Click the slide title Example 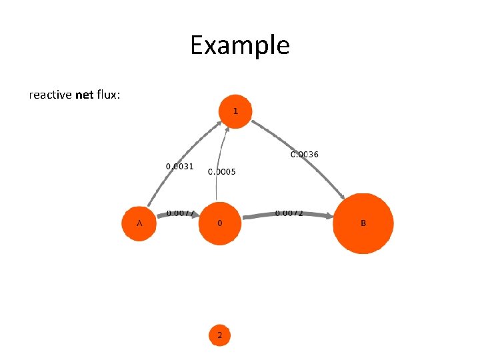click(x=239, y=45)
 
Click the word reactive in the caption click(x=51, y=95)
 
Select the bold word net click(x=85, y=95)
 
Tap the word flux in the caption click(x=107, y=95)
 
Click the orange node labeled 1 click(x=235, y=111)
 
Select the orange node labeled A click(x=139, y=223)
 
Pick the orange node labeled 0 click(x=219, y=223)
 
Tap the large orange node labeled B click(x=363, y=223)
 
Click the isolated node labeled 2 click(x=219, y=335)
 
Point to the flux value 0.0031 click(x=179, y=166)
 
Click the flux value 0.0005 click(x=222, y=172)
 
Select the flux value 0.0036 click(x=304, y=155)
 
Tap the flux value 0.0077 click(x=180, y=213)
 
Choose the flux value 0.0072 click(x=289, y=213)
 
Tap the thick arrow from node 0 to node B click(x=287, y=217)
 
